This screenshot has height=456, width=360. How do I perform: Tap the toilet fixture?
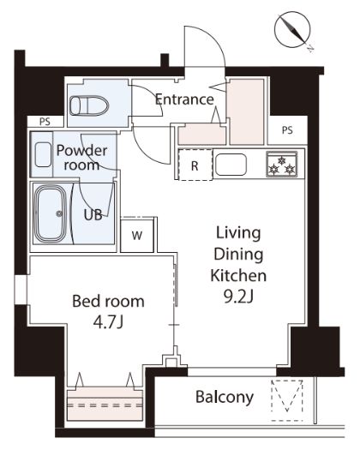pos(89,105)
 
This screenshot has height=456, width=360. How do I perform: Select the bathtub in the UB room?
pos(51,213)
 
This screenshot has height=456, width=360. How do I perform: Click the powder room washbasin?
pos(43,154)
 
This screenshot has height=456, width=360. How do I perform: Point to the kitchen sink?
pos(231,165)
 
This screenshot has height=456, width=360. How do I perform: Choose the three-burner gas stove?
pos(282,164)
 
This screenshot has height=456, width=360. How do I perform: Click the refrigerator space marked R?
pos(195,165)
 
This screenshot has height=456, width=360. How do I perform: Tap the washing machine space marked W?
pos(137,235)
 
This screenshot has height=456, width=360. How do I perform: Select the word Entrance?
pos(184,99)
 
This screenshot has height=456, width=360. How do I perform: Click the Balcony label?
pos(225,397)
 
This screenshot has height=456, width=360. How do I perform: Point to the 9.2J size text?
pos(238,297)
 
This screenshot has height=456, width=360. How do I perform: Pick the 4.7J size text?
pos(108,322)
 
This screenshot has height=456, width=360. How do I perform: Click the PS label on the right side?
pos(287,130)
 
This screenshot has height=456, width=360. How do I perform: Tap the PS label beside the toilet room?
pos(45,122)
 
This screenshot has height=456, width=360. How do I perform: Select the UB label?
pos(93,215)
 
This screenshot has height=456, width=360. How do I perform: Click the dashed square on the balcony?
pos(287,400)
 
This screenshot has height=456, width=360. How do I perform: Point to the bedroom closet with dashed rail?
pos(105,404)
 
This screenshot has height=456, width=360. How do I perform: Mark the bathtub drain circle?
pos(59,213)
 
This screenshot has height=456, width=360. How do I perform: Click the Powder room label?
pos(81,158)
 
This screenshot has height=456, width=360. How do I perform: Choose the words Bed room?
pos(108,302)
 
